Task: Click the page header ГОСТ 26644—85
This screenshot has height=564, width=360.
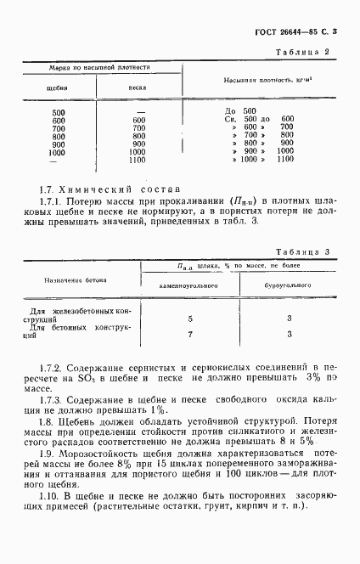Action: (283, 32)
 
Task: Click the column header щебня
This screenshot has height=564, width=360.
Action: (57, 87)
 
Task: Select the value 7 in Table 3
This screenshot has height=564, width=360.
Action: (190, 334)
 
